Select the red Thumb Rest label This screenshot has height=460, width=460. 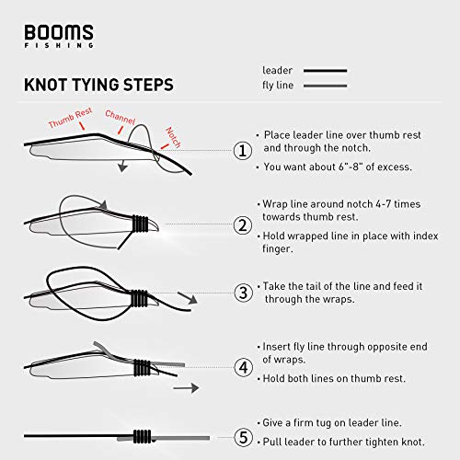point(73,122)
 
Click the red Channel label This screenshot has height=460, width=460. point(121,116)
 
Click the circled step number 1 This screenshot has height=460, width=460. point(243,151)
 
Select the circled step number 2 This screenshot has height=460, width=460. point(243,224)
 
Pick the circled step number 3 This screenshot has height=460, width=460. point(243,293)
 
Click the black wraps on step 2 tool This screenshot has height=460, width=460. point(139,224)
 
